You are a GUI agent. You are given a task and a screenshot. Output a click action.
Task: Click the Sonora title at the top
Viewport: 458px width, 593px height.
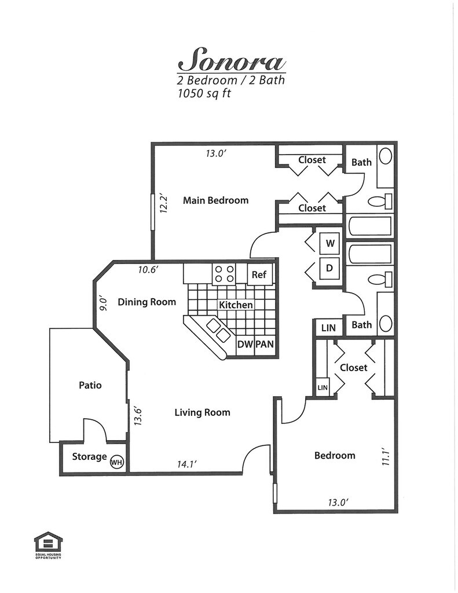pos(232,60)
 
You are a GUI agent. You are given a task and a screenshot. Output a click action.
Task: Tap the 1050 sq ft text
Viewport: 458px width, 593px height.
pos(204,93)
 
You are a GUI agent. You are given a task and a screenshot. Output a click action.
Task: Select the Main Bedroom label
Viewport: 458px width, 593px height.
pos(215,200)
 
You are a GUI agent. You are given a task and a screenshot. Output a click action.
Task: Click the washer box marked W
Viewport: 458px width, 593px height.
pos(330,243)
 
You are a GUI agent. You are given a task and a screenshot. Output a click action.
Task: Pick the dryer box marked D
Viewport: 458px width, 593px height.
pos(329,268)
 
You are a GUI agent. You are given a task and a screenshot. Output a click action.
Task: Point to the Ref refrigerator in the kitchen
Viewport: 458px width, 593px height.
pos(259,274)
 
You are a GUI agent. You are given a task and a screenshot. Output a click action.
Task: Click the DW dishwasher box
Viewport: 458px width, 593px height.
pos(245,345)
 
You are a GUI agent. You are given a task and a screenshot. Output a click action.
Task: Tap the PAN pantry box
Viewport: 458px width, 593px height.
pos(265,345)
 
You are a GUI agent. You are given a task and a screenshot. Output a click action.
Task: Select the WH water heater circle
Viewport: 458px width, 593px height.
pos(116,462)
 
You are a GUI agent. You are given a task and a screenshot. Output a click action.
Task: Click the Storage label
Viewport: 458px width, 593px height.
pos(89,456)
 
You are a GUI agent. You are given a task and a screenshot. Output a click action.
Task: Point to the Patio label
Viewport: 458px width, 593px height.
pos(90,385)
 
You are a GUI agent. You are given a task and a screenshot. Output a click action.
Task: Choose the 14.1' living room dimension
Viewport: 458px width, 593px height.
pos(187,464)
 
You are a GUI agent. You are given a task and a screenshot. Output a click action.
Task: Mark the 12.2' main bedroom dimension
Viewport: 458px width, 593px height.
pos(164,204)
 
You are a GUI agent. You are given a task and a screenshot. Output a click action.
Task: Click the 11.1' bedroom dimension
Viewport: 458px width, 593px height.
pos(386,456)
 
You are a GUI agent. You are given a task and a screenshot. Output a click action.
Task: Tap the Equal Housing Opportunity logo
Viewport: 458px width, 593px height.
pos(48,546)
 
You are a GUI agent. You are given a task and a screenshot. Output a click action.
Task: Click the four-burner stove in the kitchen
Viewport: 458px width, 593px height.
pos(224,274)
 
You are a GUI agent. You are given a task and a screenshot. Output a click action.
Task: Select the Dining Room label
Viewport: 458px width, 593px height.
pos(146,302)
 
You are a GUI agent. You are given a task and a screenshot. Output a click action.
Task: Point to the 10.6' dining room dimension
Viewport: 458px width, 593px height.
pos(148,270)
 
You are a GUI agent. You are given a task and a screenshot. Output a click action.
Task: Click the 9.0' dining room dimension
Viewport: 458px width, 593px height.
pos(104,305)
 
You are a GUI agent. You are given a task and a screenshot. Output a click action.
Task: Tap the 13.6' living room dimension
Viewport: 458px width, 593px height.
pos(138,416)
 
